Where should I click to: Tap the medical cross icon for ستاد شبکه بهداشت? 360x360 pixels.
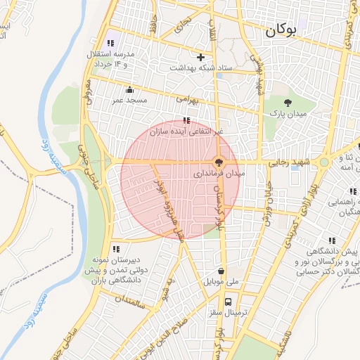coord(201,57)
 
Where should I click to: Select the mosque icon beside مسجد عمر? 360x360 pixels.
coord(129,90)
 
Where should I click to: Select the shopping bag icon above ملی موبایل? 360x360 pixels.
coord(221,271)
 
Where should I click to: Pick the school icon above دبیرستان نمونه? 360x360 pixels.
coord(115,249)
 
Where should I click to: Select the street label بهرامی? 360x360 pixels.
coord(188,101)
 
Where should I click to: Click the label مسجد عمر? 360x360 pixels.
coord(129,101)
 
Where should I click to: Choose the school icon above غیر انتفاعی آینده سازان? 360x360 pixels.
coord(186,120)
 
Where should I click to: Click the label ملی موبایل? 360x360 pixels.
coord(221,282)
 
